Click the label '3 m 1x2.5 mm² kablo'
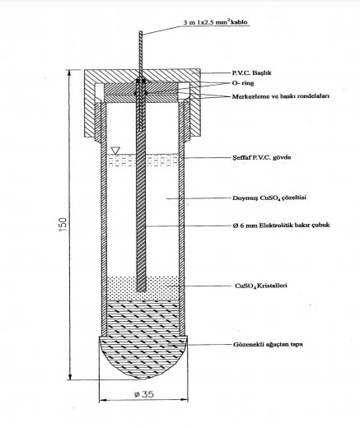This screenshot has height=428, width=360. (215, 22)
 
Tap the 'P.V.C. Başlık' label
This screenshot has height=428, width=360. (251, 73)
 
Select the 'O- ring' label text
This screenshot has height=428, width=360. (243, 83)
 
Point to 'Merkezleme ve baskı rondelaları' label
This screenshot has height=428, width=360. (281, 96)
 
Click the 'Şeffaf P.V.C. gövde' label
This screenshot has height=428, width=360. (261, 157)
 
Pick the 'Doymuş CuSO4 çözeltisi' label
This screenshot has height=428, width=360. (269, 198)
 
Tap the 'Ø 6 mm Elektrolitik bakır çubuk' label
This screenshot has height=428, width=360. (281, 226)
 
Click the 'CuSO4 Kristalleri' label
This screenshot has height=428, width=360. (261, 286)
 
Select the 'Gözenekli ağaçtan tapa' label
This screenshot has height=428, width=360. (268, 344)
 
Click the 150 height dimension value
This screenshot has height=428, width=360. (63, 225)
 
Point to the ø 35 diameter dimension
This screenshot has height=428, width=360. (144, 394)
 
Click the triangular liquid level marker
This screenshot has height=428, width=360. (115, 151)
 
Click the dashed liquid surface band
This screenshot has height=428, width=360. (143, 160)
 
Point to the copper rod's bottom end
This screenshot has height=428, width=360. (141, 291)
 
